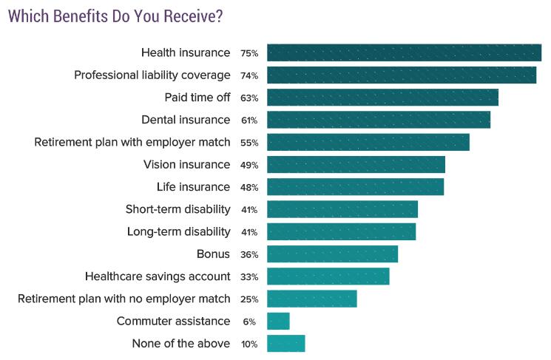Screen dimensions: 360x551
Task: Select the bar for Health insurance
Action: (x=404, y=52)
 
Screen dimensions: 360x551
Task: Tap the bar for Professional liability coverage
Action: (x=402, y=75)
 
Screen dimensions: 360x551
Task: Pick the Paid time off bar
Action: (x=382, y=98)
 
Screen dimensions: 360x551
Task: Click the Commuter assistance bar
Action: (x=278, y=321)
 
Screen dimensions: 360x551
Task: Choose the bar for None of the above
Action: (x=285, y=344)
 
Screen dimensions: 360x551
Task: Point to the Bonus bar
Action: (x=332, y=254)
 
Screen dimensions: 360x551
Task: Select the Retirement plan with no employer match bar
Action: (x=312, y=299)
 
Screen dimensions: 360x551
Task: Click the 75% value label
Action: (x=249, y=53)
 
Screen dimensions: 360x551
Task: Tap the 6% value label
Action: (x=249, y=322)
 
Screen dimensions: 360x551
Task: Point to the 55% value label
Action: (x=249, y=143)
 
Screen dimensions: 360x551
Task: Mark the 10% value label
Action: (x=249, y=344)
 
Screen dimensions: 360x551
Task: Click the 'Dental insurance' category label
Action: (x=186, y=120)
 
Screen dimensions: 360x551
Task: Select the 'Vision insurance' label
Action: (x=187, y=164)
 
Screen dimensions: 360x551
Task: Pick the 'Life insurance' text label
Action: (x=193, y=187)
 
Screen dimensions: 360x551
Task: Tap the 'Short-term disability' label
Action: (x=178, y=209)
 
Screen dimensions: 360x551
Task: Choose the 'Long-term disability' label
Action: (x=178, y=231)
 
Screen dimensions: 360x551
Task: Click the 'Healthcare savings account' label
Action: (x=158, y=276)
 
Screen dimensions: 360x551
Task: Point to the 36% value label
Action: (x=249, y=254)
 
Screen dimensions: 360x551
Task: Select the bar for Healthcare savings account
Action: (x=328, y=276)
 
